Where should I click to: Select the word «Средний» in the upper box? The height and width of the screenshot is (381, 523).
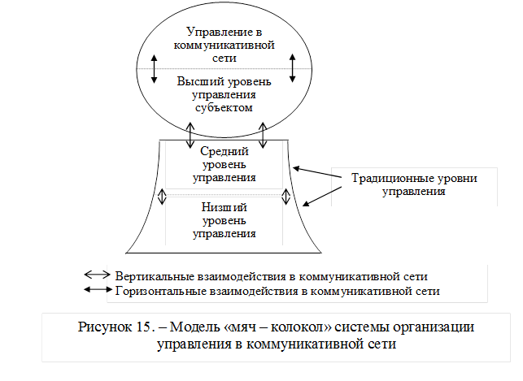coord(224,151)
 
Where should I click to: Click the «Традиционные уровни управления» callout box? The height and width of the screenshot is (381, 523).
coord(414,185)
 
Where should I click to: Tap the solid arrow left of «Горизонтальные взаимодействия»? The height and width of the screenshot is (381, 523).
coord(98,289)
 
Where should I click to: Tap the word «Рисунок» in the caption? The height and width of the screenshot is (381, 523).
coord(105,327)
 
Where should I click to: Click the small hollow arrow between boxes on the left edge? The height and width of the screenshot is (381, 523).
coord(163,198)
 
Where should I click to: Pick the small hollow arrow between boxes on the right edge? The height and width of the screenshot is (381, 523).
coord(285,198)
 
